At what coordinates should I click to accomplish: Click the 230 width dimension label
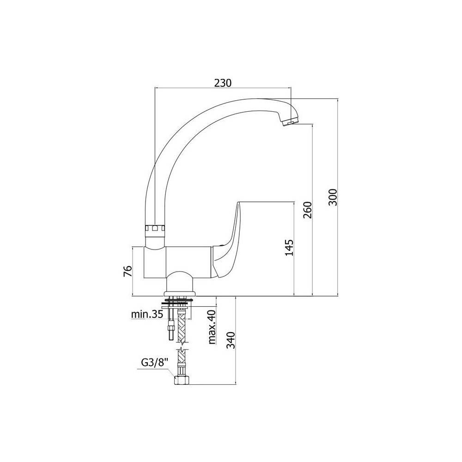[223, 83]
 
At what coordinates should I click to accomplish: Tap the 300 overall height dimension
[332, 197]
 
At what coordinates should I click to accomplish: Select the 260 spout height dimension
[307, 210]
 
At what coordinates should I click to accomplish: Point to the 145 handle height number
[290, 248]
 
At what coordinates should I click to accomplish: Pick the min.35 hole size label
[147, 314]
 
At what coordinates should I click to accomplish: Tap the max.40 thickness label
[212, 327]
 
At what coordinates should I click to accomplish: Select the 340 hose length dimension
[231, 340]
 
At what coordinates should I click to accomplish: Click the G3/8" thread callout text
[154, 362]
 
